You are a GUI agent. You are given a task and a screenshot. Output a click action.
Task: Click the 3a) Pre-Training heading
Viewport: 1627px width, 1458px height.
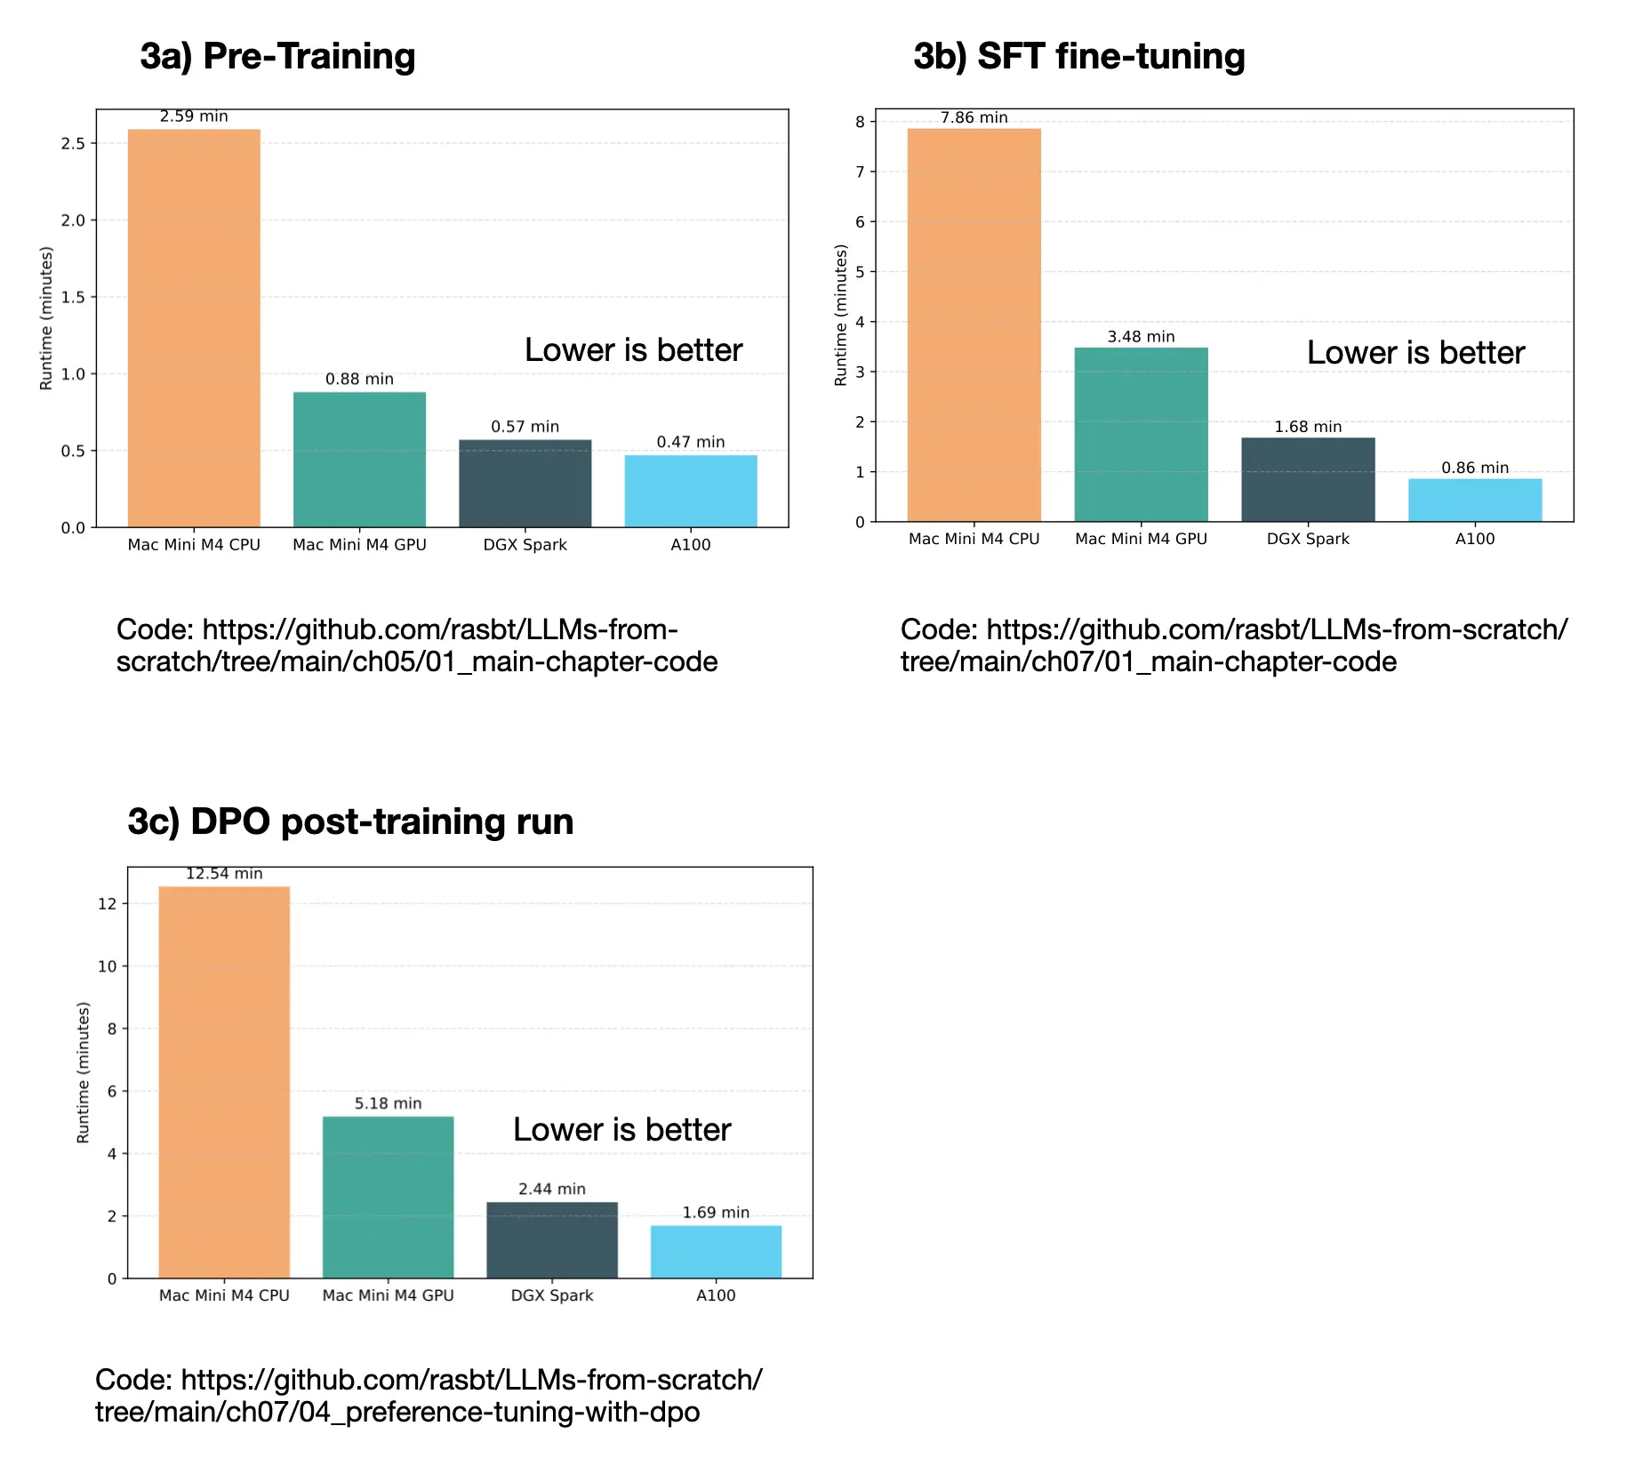click(277, 56)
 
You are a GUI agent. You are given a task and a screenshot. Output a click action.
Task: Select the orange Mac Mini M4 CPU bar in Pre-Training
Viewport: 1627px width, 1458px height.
click(194, 329)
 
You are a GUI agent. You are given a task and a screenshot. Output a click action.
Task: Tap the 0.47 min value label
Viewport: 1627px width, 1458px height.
click(691, 442)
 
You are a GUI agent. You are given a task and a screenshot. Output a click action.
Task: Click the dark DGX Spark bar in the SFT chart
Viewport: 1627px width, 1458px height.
click(1308, 480)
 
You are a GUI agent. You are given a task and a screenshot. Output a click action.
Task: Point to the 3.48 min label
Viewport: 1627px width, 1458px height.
click(1141, 337)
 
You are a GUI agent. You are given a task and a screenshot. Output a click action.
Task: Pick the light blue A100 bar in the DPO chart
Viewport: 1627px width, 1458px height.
click(716, 1252)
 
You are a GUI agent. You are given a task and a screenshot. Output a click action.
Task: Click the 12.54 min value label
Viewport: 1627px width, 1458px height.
click(224, 874)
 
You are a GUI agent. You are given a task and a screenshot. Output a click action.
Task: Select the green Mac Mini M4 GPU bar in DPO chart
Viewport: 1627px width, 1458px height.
click(388, 1197)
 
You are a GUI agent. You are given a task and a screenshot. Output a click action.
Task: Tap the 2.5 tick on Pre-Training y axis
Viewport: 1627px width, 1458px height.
click(73, 144)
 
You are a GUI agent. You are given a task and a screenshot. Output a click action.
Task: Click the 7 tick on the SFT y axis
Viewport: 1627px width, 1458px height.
click(860, 172)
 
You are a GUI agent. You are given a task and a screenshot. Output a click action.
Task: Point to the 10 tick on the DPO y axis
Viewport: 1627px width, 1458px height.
click(107, 966)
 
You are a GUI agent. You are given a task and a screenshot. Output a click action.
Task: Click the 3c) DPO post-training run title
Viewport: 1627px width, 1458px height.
click(350, 821)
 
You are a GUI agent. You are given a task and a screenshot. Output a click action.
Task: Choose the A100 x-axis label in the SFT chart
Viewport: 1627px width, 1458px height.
click(1474, 539)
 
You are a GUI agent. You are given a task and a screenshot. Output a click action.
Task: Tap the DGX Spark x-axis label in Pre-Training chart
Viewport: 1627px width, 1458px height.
click(525, 545)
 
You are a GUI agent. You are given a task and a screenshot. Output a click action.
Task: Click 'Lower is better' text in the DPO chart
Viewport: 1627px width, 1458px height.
click(621, 1130)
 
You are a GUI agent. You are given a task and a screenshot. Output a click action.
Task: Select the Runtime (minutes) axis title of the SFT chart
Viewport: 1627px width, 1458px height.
click(840, 316)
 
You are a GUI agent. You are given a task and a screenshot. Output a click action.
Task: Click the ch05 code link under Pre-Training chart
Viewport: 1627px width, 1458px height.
click(416, 646)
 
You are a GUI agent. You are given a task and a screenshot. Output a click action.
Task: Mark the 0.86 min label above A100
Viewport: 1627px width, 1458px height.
click(1474, 468)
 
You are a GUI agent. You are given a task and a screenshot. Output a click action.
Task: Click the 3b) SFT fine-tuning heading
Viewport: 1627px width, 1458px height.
click(1078, 56)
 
